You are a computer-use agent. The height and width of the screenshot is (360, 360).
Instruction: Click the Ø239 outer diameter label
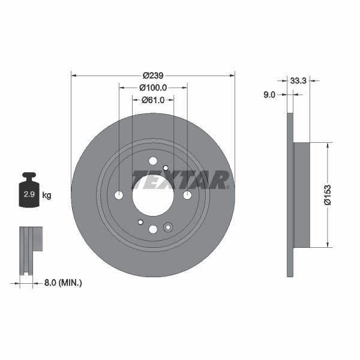tap(153, 76)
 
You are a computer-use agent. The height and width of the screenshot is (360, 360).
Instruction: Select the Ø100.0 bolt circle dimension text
tap(153, 88)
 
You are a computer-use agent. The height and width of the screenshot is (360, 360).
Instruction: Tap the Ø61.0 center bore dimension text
tap(154, 100)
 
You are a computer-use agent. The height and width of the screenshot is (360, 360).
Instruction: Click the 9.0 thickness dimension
tap(269, 94)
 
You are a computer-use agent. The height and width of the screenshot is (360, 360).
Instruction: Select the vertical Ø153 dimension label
tap(328, 195)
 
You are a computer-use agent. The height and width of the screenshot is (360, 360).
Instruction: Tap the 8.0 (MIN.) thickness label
tap(62, 282)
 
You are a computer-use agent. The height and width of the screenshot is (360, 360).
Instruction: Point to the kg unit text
tap(47, 196)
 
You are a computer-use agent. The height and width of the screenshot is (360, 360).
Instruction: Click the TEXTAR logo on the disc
tap(180, 179)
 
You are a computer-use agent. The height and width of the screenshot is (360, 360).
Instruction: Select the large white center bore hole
tap(152, 195)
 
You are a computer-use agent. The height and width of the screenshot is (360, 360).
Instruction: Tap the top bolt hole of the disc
tap(152, 161)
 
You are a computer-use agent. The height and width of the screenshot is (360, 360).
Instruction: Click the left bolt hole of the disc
tap(118, 195)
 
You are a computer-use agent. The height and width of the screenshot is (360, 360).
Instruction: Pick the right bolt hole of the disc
tap(187, 195)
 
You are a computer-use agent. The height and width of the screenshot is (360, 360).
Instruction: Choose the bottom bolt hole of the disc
tap(152, 229)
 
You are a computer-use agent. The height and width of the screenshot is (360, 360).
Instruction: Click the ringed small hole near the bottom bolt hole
tap(167, 227)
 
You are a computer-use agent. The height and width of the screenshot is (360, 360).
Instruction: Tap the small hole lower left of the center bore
tap(140, 222)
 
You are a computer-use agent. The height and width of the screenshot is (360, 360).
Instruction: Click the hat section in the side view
tap(301, 195)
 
